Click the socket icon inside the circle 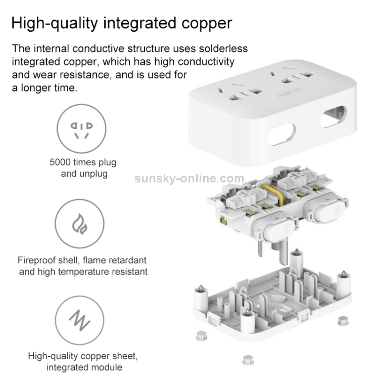[81, 130]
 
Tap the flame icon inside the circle [79, 224]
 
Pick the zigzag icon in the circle [79, 320]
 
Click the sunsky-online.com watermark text [189, 178]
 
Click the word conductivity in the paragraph [206, 62]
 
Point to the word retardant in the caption [127, 260]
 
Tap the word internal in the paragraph [51, 49]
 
